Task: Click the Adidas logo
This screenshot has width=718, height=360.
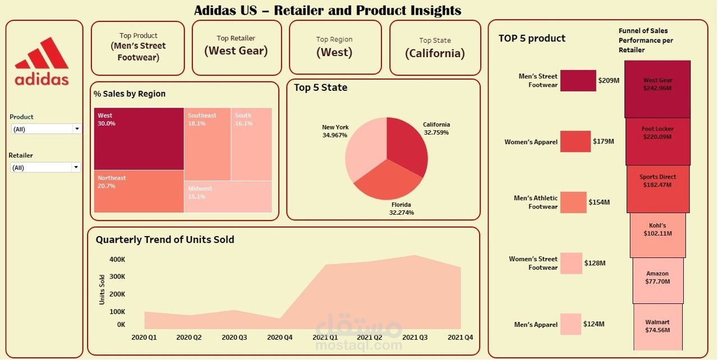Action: (x=42, y=62)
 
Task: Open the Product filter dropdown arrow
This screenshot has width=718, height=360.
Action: (x=77, y=129)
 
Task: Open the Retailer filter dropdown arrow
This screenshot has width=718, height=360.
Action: (x=75, y=167)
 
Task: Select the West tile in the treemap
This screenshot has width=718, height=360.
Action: (x=139, y=139)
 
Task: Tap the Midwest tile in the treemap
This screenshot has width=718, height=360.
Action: (x=228, y=196)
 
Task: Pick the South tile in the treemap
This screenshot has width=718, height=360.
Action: (x=252, y=144)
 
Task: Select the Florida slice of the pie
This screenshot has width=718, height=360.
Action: (x=388, y=182)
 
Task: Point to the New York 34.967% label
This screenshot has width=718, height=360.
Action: (x=335, y=131)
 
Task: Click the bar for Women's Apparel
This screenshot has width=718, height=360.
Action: (x=575, y=141)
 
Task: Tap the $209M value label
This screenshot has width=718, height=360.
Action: (x=609, y=81)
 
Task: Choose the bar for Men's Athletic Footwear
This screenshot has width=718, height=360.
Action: (x=573, y=202)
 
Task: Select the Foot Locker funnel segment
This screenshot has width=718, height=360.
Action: (x=657, y=141)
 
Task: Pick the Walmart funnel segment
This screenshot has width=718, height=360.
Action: (x=657, y=326)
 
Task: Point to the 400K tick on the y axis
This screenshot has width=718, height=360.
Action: (x=117, y=260)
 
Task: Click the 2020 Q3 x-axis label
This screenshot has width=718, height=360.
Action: (x=234, y=338)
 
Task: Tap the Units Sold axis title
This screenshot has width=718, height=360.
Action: (x=102, y=289)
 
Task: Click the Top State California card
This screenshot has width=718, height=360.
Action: (x=435, y=48)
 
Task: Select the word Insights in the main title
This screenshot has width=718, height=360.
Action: (x=430, y=10)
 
